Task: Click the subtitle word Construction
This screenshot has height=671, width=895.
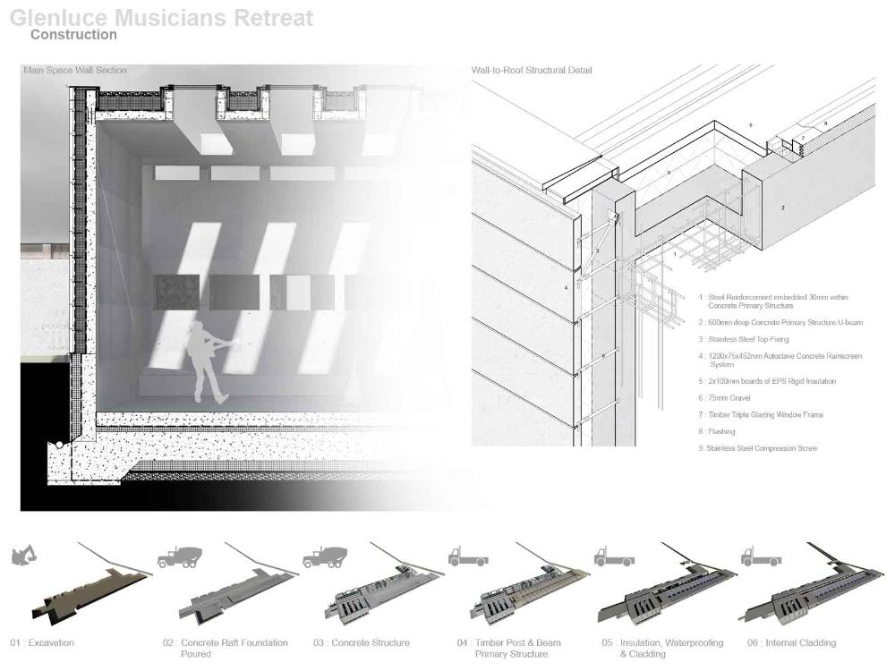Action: pos(73,35)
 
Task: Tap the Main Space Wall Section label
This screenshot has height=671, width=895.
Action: pos(75,70)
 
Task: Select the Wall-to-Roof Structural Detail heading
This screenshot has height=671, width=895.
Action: pos(532,70)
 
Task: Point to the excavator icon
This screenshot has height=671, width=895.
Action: pos(23,556)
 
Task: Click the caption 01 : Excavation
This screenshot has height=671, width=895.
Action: pos(42,642)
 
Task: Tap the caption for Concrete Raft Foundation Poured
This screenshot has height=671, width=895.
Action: pos(226,648)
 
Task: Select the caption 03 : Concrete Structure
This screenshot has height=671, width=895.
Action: pos(362,642)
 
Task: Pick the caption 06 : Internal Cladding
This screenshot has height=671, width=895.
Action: pos(791,642)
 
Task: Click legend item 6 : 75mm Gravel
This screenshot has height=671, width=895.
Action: pos(729,398)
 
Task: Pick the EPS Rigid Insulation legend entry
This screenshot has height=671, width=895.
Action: pos(771,381)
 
